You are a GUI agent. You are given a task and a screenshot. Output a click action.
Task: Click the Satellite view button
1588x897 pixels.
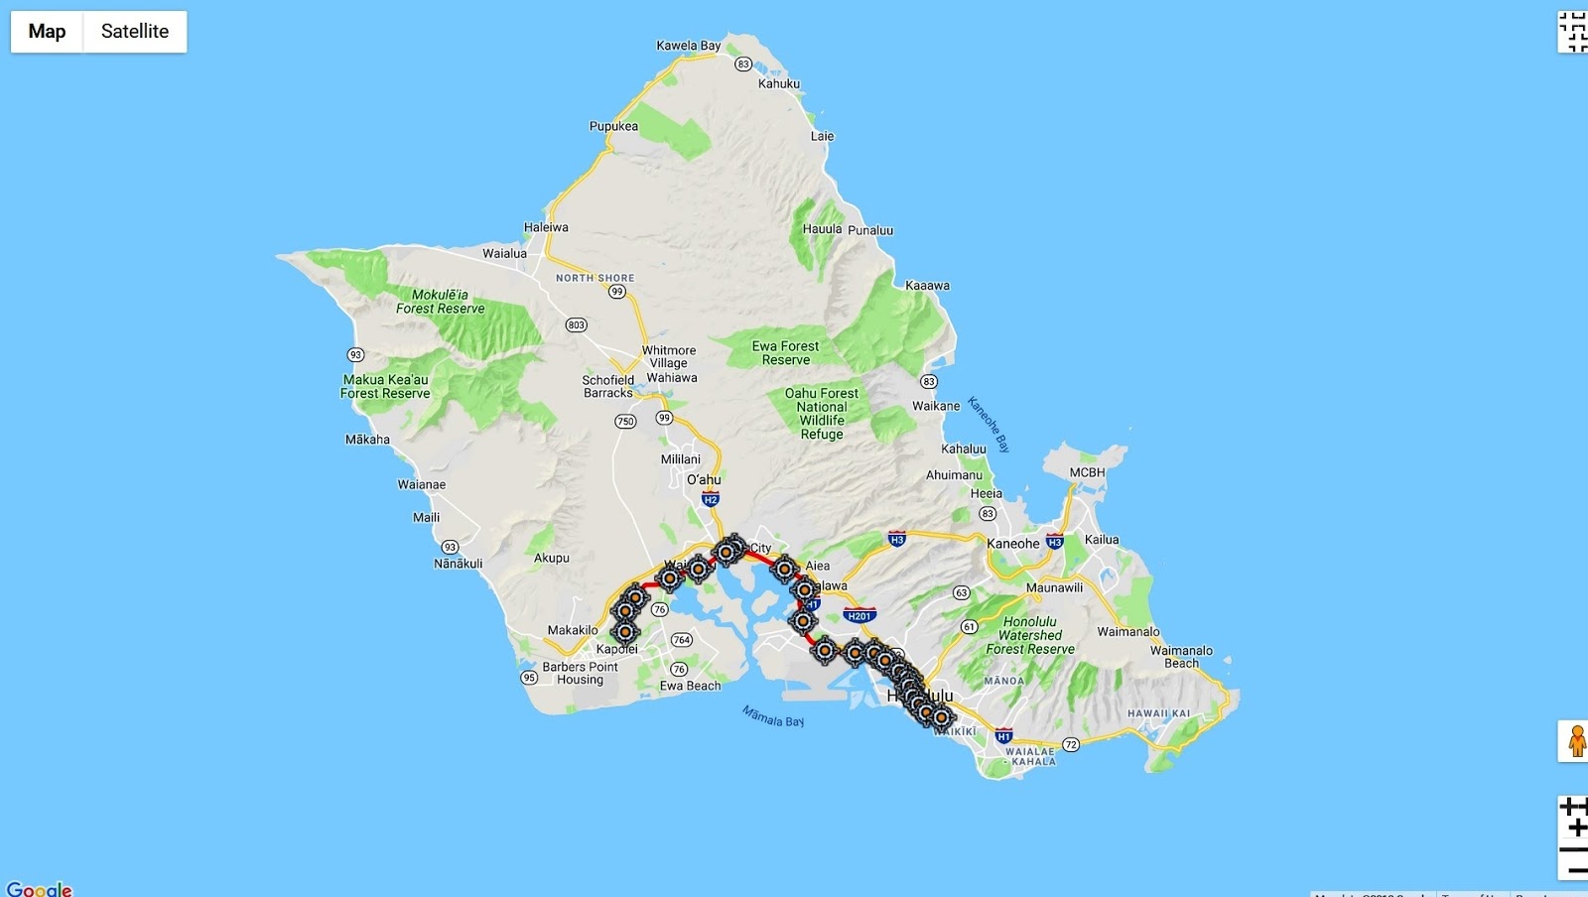135,32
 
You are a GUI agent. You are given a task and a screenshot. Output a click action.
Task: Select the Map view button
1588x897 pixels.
47,32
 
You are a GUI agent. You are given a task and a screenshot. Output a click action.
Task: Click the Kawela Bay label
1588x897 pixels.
689,46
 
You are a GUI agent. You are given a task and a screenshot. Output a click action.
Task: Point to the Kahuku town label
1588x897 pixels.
779,84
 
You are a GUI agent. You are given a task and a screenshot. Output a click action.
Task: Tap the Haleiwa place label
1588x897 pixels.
546,227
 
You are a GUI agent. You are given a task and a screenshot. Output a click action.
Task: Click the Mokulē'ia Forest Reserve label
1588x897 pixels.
441,302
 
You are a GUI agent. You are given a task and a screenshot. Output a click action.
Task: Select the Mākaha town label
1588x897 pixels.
367,440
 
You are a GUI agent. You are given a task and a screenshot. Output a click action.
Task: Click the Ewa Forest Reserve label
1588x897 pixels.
785,353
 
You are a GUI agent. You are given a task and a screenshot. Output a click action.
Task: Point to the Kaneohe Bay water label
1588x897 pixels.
989,425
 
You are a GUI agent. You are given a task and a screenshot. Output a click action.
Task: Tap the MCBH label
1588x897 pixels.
1087,472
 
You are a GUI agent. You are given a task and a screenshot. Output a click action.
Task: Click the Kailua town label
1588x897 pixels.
1102,540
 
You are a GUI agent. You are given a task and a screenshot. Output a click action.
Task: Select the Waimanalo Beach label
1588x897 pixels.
1181,657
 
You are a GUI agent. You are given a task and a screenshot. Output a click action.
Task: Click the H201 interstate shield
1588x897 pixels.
860,616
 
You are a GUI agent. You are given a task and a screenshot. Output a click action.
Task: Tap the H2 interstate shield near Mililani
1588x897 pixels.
710,500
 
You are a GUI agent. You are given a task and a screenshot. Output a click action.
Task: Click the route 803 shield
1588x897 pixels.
576,325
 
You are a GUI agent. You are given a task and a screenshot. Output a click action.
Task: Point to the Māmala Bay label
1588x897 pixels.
773,715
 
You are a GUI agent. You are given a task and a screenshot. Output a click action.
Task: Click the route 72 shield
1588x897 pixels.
1070,744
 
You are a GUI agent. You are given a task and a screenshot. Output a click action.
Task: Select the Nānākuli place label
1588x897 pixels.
459,564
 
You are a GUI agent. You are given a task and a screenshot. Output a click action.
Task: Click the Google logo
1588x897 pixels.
39,888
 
